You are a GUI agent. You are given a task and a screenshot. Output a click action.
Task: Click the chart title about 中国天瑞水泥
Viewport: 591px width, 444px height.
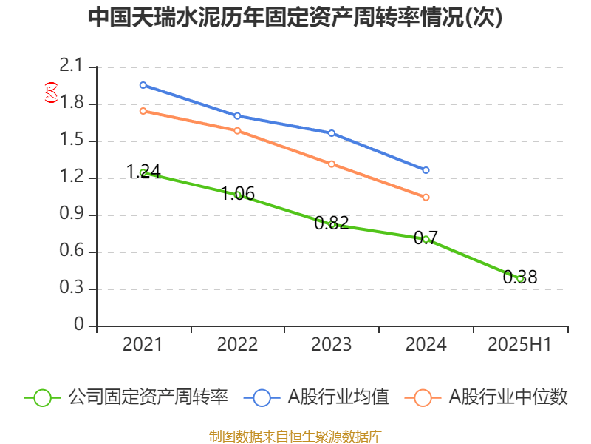295,17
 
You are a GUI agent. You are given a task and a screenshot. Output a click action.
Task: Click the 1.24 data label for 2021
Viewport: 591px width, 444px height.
143,172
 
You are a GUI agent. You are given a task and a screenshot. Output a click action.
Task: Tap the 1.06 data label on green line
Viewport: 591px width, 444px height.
237,194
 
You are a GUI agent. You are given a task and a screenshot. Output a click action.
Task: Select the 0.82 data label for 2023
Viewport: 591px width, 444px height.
332,223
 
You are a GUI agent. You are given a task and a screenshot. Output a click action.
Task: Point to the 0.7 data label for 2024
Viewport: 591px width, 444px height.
426,238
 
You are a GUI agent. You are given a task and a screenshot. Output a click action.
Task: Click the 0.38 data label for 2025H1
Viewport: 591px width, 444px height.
520,277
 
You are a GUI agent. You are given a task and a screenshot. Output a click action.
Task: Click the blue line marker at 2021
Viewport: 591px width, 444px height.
143,85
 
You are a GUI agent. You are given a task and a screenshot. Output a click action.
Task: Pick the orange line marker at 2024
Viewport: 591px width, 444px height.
426,198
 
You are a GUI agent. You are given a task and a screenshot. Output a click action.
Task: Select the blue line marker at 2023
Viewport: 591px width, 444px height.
332,133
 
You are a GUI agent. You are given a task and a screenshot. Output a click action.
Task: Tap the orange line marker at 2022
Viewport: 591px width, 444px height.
237,131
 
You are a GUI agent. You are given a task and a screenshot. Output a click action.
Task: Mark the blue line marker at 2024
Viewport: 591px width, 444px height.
426,170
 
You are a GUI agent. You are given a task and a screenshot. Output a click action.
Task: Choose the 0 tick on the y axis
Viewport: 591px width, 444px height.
79,326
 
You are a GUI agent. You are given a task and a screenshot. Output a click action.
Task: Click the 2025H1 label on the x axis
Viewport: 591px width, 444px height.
520,345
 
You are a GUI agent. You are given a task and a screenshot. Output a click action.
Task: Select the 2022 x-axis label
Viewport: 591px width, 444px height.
237,345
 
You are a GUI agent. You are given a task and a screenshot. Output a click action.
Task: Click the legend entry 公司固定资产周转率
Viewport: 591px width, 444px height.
126,397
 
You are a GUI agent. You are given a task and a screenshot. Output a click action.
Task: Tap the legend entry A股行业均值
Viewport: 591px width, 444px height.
321,397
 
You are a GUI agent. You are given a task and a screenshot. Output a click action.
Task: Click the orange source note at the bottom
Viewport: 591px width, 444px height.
295,436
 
